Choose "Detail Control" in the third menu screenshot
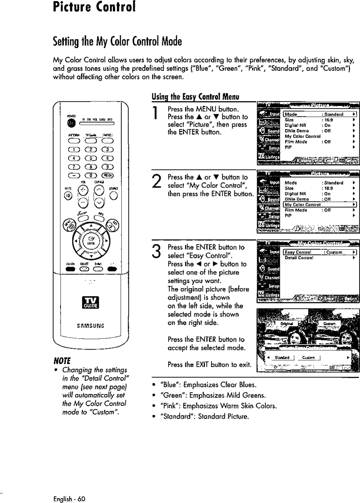tap(299, 258)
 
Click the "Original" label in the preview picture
tap(286, 324)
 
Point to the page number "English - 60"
tap(69, 499)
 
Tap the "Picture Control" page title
tap(94, 7)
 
